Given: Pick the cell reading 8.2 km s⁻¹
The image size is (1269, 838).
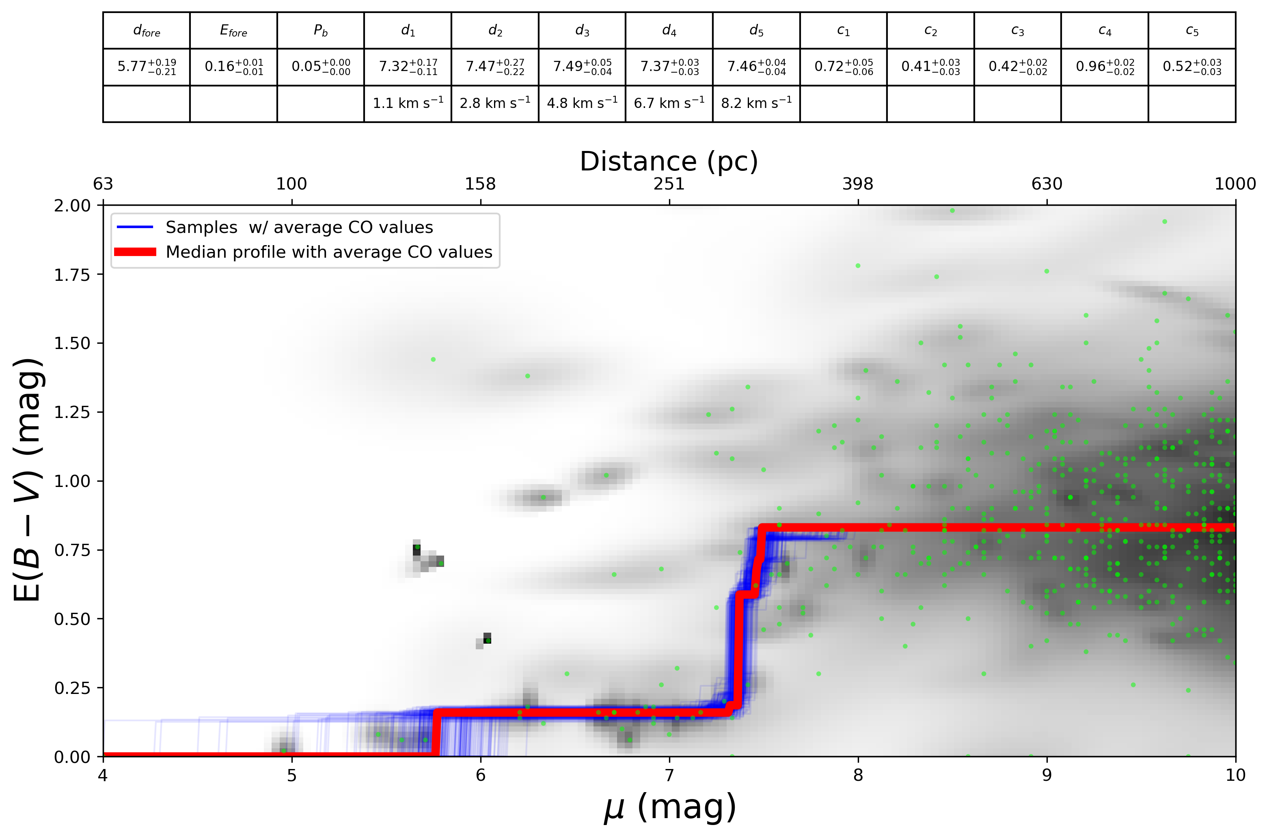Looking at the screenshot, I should click(x=756, y=103).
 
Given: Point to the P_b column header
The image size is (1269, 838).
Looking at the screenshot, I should click(x=320, y=31).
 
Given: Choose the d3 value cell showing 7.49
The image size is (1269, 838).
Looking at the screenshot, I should click(x=582, y=67).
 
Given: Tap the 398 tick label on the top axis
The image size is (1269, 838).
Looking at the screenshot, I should click(x=857, y=184).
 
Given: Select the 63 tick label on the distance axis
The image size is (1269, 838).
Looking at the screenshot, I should click(x=103, y=184).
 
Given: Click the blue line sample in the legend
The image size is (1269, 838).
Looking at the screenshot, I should click(x=135, y=227).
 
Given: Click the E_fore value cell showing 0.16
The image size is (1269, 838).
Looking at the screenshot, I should click(x=233, y=67).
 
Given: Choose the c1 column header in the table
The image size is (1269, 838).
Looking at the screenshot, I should click(x=843, y=31).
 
